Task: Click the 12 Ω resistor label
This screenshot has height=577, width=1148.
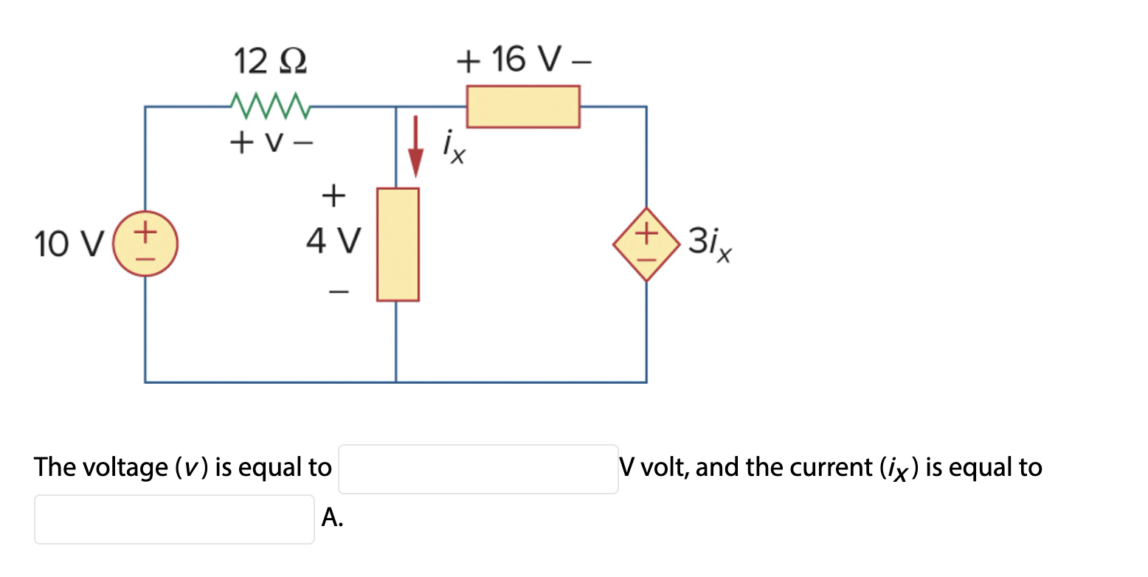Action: [x=270, y=61]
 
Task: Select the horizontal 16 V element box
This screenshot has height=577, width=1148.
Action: [x=522, y=106]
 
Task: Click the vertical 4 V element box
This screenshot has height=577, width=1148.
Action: [x=398, y=244]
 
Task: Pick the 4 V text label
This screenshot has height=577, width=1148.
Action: [x=334, y=241]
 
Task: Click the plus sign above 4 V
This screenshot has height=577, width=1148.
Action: [x=333, y=195]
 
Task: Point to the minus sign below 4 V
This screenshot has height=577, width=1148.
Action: [x=336, y=293]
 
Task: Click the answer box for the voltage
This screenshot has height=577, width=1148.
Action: [x=477, y=469]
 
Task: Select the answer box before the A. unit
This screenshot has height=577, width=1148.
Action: [x=174, y=519]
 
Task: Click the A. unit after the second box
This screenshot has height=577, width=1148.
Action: [x=332, y=519]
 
